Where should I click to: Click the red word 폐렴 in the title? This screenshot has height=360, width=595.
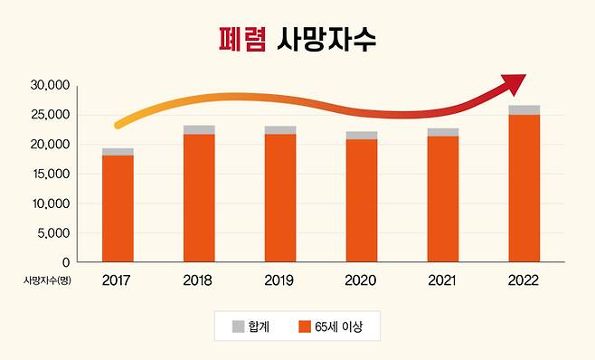click(x=242, y=38)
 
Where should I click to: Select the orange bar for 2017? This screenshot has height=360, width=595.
click(x=118, y=208)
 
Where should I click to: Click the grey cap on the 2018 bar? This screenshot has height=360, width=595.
click(x=199, y=129)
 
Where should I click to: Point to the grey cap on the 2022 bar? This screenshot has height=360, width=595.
click(x=524, y=109)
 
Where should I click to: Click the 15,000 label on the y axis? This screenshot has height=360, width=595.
click(x=50, y=174)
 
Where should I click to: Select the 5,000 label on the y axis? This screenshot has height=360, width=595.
click(x=52, y=232)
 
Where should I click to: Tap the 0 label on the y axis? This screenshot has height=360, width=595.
click(x=65, y=261)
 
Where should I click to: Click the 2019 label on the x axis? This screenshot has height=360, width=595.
click(x=280, y=280)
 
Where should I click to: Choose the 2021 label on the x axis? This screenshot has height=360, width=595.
click(x=442, y=280)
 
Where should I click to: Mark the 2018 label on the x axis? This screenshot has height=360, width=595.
click(x=199, y=280)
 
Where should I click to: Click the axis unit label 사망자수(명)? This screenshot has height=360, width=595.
click(x=47, y=280)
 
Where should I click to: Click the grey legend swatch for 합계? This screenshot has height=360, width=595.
click(x=239, y=326)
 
